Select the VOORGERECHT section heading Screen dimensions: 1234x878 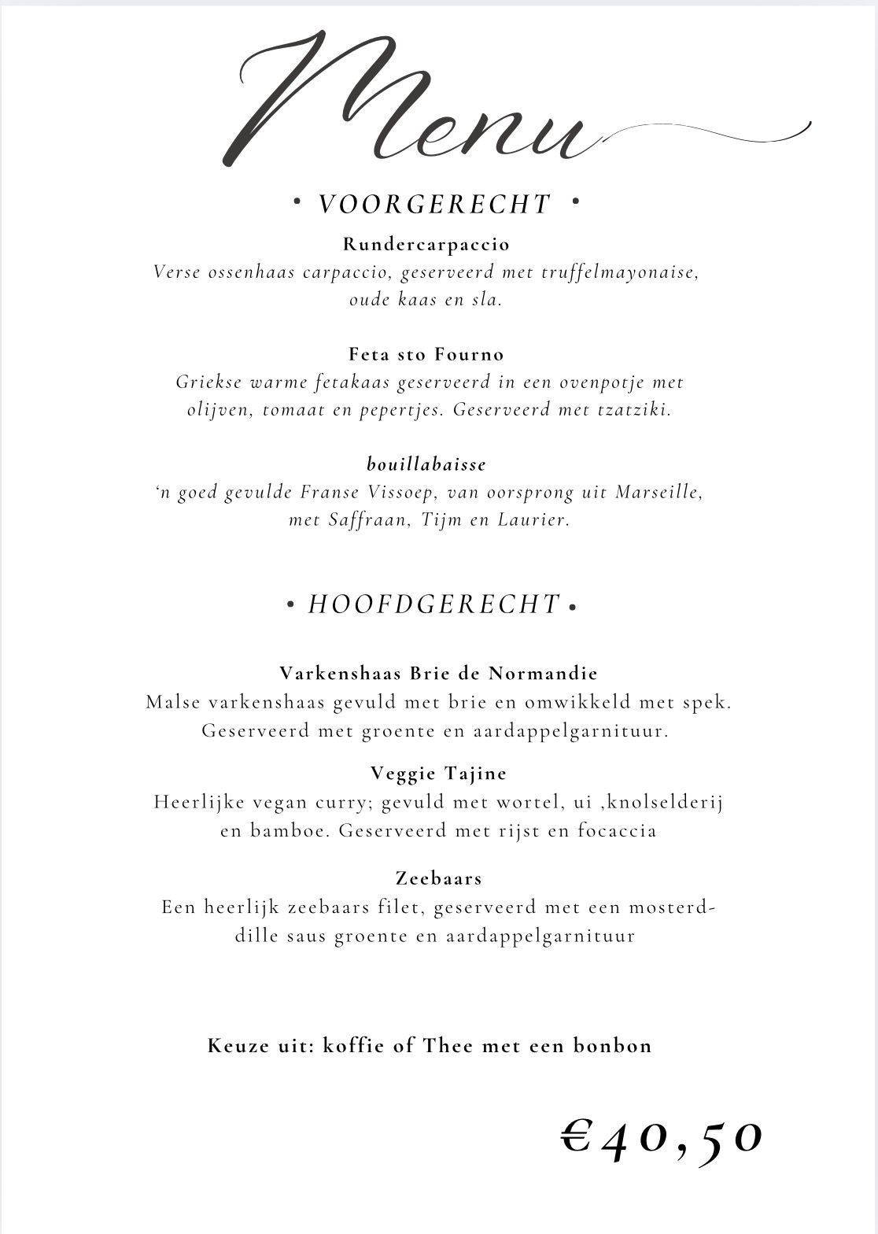[434, 205]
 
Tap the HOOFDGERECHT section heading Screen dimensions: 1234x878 [434, 604]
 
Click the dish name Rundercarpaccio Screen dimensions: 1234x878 [426, 244]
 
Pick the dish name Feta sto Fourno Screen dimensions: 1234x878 [426, 354]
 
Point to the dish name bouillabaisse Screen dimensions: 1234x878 [426, 464]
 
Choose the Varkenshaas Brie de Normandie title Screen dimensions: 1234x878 [438, 674]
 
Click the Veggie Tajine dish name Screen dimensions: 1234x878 [438, 774]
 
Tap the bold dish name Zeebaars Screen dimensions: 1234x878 [438, 877]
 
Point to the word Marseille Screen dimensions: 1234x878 [658, 493]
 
